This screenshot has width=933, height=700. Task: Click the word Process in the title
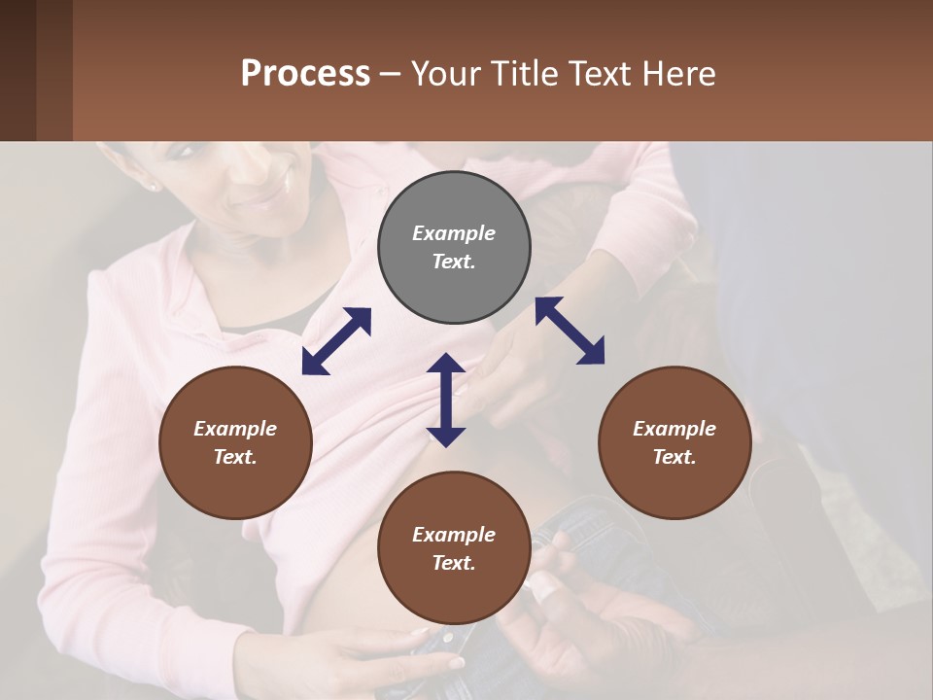coord(305,74)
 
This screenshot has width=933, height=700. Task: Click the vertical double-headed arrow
coord(446,400)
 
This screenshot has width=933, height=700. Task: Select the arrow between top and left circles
coord(336,341)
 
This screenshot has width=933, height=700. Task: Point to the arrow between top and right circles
coord(570,331)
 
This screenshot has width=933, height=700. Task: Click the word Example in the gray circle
coord(454,233)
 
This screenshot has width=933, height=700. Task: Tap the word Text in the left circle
coord(235,457)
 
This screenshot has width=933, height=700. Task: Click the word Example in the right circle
coord(674,429)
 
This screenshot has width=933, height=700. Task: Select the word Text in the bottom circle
coord(454,563)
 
